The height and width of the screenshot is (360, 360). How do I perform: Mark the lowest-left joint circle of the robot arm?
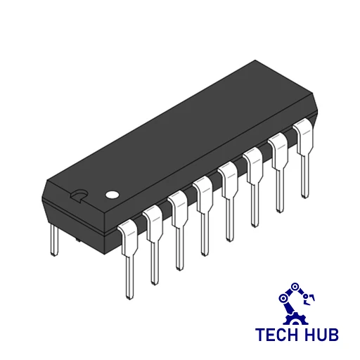[x=284, y=298]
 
